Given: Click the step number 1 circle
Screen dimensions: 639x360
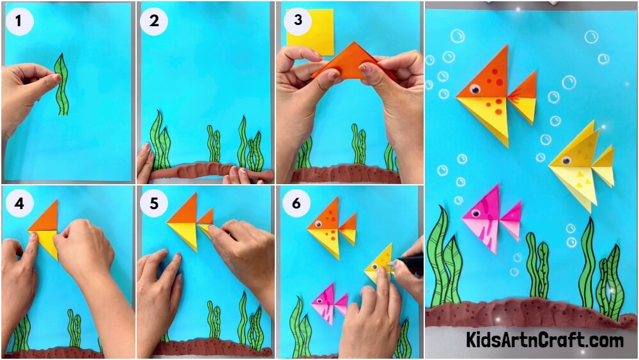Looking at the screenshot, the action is pyautogui.click(x=19, y=21).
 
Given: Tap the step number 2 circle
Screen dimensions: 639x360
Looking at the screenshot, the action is pyautogui.click(x=154, y=21).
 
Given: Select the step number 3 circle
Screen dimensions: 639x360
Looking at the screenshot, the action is pyautogui.click(x=298, y=20).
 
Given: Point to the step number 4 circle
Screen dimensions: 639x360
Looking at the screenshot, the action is pyautogui.click(x=19, y=203).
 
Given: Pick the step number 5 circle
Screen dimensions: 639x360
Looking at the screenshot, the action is pyautogui.click(x=153, y=203).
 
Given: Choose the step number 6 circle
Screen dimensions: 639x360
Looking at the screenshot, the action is pyautogui.click(x=296, y=203).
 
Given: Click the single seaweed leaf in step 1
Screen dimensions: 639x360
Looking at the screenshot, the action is pyautogui.click(x=61, y=84).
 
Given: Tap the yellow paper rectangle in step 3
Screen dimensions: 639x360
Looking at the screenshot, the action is pyautogui.click(x=310, y=32).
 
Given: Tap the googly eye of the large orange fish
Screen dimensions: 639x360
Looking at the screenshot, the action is pyautogui.click(x=474, y=89).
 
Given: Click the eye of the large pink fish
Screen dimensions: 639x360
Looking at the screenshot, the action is pyautogui.click(x=475, y=213).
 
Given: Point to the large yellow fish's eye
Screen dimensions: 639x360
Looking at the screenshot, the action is pyautogui.click(x=566, y=160).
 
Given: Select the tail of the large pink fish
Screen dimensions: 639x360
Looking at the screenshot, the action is pyautogui.click(x=511, y=220).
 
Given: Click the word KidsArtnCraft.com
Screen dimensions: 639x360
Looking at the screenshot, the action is pyautogui.click(x=544, y=339).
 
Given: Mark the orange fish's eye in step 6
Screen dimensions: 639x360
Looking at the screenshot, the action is pyautogui.click(x=319, y=224).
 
